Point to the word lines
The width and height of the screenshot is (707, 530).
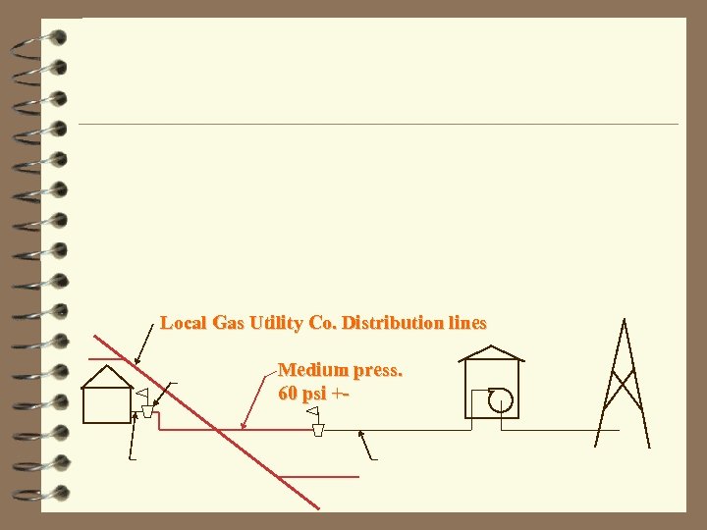466,323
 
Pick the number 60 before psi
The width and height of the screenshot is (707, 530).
289,394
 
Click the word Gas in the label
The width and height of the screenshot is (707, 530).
223,323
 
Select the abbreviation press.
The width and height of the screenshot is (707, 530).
377,371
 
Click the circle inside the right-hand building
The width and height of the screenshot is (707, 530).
501,397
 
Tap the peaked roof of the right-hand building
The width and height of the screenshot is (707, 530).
491,352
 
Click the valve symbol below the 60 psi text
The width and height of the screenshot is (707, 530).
318,429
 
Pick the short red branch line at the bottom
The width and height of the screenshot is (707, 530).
319,477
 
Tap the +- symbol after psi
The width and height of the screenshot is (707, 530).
341,394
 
